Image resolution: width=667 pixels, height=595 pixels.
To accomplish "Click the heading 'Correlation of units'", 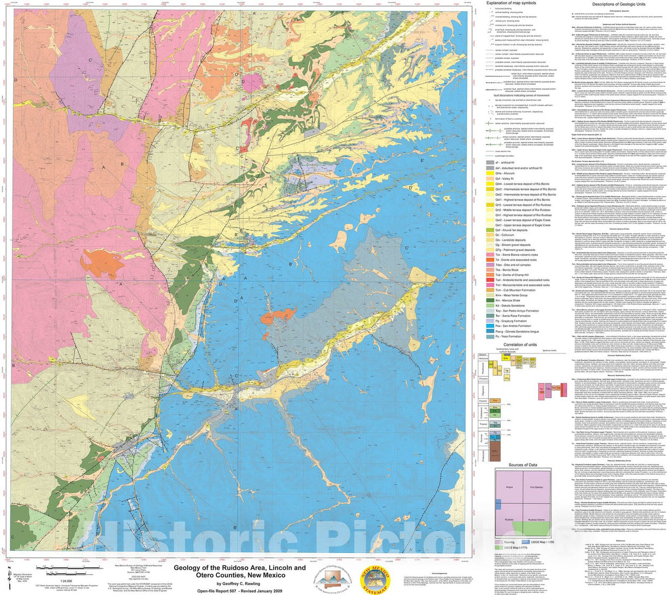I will point(520,345).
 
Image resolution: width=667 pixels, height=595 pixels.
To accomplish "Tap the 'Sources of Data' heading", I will point(523,465).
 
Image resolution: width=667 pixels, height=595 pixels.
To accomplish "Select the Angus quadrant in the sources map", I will point(508,487).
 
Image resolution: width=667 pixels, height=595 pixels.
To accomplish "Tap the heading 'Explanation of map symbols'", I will point(510,3).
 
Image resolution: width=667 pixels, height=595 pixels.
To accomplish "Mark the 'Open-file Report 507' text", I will point(219,591).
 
